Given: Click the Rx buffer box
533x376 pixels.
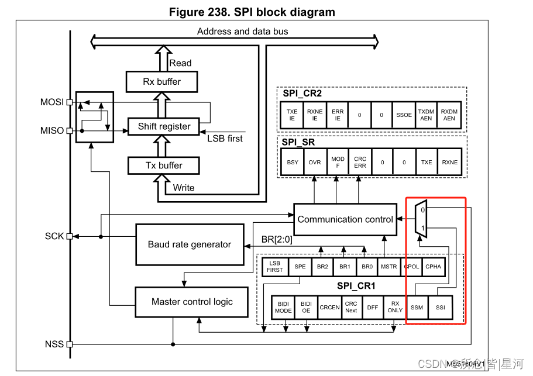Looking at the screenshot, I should [161, 81].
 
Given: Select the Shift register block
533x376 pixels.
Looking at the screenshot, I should [164, 126].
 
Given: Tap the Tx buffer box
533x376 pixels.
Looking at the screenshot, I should [164, 165].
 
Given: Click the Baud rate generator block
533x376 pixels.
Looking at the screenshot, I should [189, 244].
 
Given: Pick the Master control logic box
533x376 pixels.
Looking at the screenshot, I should [192, 302].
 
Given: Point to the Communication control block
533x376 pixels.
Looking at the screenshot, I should [345, 219].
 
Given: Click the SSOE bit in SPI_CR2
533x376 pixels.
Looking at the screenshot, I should [404, 115].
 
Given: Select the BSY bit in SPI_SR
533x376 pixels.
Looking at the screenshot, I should [292, 162].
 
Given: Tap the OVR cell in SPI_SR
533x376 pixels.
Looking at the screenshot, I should [315, 162].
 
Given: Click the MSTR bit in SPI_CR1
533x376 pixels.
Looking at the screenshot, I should [389, 266].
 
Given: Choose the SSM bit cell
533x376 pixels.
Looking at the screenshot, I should [417, 307].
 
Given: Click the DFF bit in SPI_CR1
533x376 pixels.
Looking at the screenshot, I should [373, 307].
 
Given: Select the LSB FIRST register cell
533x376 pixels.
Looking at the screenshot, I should [274, 266].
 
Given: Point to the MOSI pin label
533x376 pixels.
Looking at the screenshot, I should [51, 102].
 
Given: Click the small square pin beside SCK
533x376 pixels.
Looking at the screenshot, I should [70, 236].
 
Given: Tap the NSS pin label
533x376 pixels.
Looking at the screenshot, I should [53, 344].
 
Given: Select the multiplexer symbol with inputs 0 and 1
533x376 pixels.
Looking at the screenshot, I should [421, 219].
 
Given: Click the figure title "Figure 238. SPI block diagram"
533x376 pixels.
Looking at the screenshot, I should [252, 12].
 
